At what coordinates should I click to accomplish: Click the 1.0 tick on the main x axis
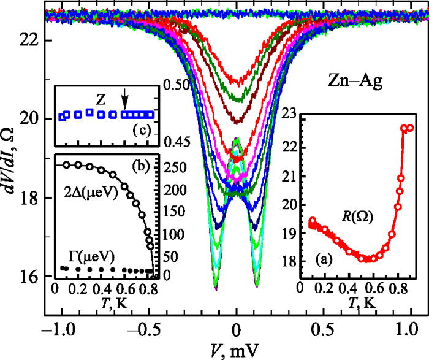(x=409, y=328)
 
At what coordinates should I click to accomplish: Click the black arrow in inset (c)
(x=125, y=99)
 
